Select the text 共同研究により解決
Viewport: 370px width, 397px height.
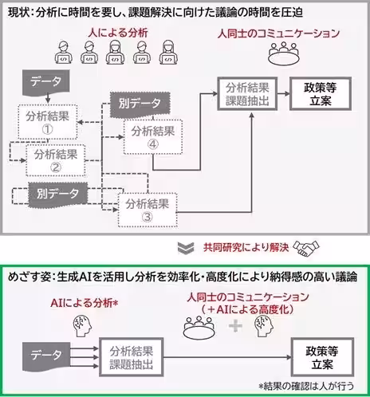tap(246, 247)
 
